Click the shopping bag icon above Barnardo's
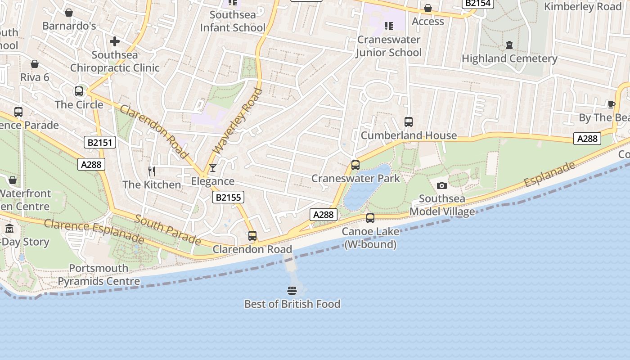69,13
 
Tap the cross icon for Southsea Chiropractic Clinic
115,42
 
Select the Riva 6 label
35,77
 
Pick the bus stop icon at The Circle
79,91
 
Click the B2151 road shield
100,143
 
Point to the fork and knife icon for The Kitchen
152,171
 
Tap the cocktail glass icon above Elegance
213,168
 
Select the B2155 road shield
228,197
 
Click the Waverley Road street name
237,121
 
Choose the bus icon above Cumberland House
409,122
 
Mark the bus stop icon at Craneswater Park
355,165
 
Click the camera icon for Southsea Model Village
442,185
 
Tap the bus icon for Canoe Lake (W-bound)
370,218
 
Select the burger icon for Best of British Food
292,291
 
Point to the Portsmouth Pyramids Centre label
99,275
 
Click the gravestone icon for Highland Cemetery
509,45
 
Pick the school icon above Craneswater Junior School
388,26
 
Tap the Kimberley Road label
582,7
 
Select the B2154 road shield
478,3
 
